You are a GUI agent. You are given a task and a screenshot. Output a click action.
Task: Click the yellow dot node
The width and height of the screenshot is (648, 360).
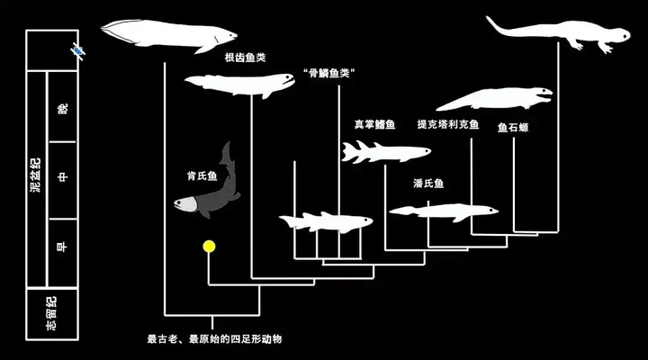[x=209, y=247]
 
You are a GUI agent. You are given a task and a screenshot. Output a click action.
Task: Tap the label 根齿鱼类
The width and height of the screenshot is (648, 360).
[x=245, y=58]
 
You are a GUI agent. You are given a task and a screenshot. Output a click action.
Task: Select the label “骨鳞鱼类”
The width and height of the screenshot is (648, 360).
[x=329, y=73]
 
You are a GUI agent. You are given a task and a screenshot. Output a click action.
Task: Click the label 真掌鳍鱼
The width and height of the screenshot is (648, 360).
[x=374, y=124]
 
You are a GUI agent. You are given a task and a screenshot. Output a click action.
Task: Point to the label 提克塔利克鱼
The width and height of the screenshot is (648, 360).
[x=448, y=124]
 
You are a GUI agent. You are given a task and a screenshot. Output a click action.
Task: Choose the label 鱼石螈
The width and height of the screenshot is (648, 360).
[x=513, y=127]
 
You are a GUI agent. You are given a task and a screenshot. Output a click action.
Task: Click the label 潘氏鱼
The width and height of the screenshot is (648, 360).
[x=428, y=183]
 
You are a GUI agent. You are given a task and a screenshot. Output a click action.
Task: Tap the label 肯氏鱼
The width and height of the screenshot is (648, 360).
[x=202, y=176]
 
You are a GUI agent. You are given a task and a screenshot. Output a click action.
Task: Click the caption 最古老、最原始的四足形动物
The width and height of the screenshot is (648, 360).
[x=214, y=339]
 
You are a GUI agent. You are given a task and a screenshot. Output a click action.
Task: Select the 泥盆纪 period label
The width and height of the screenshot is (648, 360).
[x=36, y=175]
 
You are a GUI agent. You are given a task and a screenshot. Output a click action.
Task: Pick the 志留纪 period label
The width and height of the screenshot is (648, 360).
[x=51, y=314]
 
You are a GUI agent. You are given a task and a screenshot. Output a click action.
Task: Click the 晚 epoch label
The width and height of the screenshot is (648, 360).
[x=62, y=109]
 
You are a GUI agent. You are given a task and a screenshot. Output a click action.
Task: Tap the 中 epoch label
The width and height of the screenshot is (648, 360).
[x=62, y=177]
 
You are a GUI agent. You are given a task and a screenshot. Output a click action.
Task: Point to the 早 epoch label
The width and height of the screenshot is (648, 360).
[x=62, y=247]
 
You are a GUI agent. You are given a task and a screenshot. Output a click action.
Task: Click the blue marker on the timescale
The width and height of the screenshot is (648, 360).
[x=77, y=50]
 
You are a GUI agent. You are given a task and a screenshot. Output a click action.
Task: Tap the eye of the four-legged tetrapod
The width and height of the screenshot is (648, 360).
[x=624, y=35]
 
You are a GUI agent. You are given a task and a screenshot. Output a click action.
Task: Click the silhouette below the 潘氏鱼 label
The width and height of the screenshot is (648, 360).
[x=445, y=211]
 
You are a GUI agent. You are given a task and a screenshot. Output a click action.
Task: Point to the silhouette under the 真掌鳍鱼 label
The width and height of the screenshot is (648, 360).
[x=384, y=152]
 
